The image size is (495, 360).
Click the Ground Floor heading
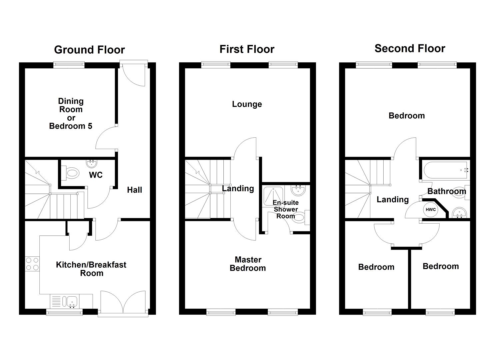89,50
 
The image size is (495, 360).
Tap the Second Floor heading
410,48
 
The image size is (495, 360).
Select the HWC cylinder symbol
431,210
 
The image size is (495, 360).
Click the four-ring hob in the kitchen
32,264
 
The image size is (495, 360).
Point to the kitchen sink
71,302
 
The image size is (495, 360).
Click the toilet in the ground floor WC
71,173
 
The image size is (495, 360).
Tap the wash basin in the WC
91,163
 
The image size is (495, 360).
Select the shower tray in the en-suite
273,196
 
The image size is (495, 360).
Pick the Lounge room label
247,104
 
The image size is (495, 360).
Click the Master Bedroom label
248,264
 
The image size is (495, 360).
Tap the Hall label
134,190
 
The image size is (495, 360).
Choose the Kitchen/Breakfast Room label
91,269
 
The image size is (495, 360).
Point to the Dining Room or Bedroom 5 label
71,113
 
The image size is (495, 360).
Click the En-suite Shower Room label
285,209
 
